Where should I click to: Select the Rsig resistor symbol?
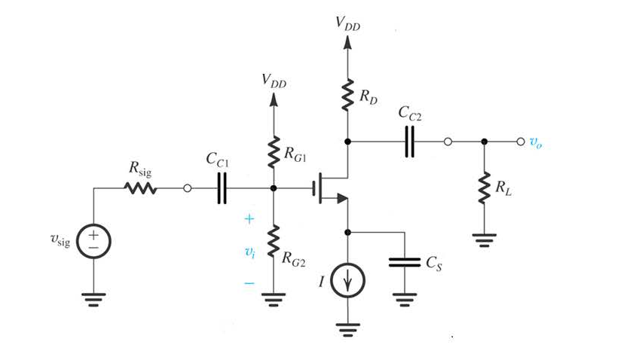click(140, 188)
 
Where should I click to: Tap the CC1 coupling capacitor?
click(221, 188)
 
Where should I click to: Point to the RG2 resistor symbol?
click(273, 243)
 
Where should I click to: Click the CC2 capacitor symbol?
click(409, 141)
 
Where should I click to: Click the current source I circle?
click(347, 282)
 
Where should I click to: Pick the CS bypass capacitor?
click(405, 264)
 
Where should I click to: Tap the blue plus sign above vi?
click(249, 219)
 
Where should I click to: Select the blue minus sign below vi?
click(249, 284)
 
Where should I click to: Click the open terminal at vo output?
click(519, 142)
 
